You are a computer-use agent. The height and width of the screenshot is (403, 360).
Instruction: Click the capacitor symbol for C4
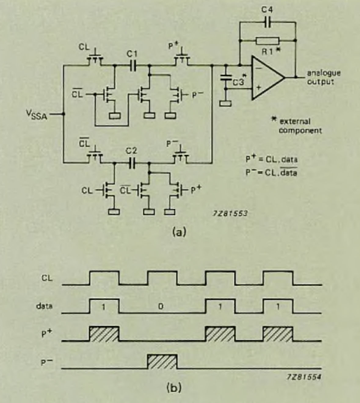(267, 22)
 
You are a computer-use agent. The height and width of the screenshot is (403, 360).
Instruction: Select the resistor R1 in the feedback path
(267, 41)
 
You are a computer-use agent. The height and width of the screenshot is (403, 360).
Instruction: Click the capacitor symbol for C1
(132, 65)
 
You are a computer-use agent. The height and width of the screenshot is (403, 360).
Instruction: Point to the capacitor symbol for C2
(132, 164)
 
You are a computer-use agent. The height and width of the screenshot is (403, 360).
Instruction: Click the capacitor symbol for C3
(226, 77)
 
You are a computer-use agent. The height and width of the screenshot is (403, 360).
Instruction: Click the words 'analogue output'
(323, 77)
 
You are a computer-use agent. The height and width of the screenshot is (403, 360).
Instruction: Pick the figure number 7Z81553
(230, 213)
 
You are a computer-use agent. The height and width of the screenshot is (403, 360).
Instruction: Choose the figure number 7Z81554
(304, 377)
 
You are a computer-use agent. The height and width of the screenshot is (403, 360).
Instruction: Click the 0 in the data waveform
(161, 307)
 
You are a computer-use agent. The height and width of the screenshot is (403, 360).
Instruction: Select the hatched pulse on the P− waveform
(162, 362)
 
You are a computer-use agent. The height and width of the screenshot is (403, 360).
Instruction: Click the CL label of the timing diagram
(47, 278)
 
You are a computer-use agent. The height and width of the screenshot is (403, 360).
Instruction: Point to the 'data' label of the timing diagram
(44, 306)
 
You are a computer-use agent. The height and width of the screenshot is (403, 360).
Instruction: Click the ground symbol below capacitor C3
(226, 103)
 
